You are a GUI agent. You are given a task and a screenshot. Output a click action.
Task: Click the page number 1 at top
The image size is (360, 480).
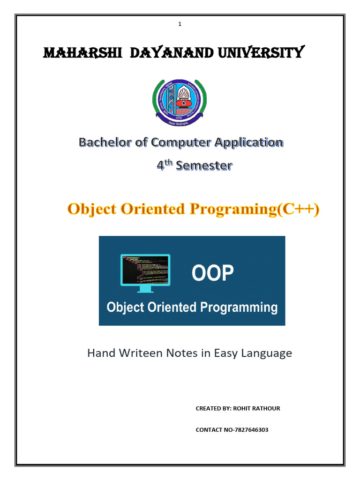click(180, 24)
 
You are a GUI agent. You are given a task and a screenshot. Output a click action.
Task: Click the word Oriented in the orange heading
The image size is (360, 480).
click(151, 210)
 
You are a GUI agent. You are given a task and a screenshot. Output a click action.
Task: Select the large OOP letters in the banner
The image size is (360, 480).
click(212, 273)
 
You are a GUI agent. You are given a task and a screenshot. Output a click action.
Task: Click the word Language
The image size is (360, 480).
click(266, 353)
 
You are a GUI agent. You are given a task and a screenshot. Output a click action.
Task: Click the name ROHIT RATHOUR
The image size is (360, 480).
click(257, 408)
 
